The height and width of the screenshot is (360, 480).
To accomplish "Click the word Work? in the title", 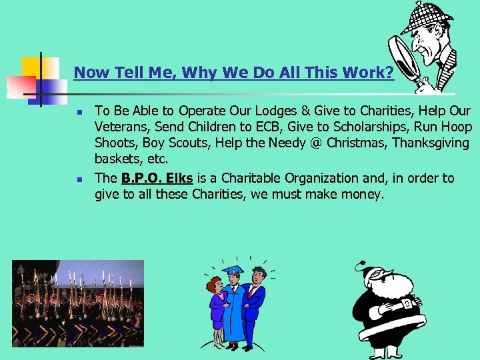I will point(368,72).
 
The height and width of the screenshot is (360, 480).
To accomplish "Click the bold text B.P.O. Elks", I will point(157,178).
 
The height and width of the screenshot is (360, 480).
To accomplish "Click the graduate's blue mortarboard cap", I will point(233,270).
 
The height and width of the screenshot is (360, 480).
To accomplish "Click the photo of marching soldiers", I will point(77,303).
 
